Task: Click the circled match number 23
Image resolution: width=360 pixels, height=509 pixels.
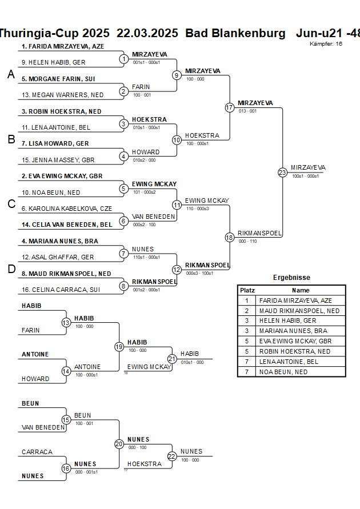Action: pyautogui.click(x=282, y=172)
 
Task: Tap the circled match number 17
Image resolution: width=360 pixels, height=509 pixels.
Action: pyautogui.click(x=230, y=107)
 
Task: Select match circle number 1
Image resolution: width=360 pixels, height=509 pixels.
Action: pyautogui.click(x=123, y=59)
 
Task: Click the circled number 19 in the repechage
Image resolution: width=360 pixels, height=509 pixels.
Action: pyautogui.click(x=119, y=347)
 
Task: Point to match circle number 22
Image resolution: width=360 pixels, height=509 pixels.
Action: pyautogui.click(x=172, y=456)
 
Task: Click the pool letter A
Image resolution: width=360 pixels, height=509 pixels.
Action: pyautogui.click(x=11, y=74)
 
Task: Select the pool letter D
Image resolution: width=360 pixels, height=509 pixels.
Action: pyautogui.click(x=11, y=269)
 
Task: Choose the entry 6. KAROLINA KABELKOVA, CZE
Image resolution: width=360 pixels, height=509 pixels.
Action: pyautogui.click(x=66, y=209)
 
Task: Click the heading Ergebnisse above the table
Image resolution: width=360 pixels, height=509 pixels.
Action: pyautogui.click(x=291, y=278)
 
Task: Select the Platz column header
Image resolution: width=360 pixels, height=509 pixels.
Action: pyautogui.click(x=247, y=290)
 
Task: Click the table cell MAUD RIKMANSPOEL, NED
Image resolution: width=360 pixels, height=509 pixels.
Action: pyautogui.click(x=299, y=311)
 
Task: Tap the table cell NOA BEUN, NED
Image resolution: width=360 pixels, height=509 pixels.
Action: pyautogui.click(x=283, y=372)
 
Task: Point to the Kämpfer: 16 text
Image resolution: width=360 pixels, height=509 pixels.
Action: pyautogui.click(x=326, y=43)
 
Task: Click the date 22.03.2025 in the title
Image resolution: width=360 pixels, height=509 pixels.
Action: pyautogui.click(x=147, y=33)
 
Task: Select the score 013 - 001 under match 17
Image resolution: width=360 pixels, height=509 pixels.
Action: pyautogui.click(x=247, y=111)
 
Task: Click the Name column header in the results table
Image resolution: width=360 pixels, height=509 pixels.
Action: pyautogui.click(x=301, y=290)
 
